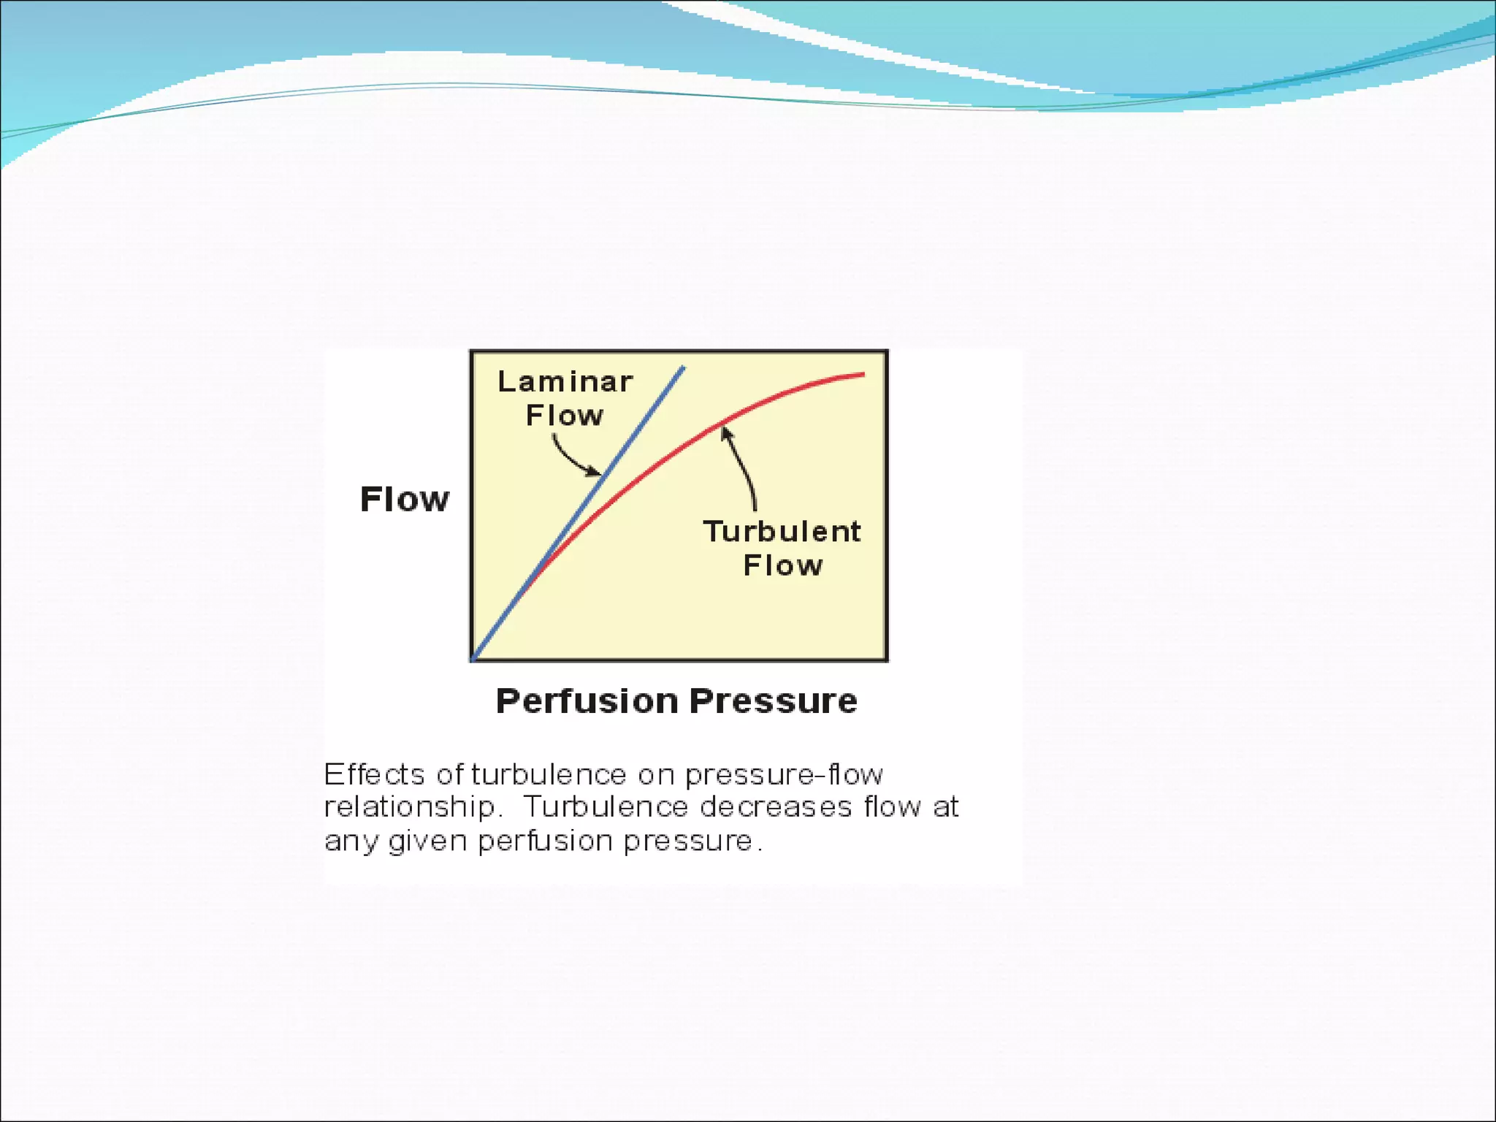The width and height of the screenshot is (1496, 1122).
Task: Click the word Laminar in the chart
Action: [565, 381]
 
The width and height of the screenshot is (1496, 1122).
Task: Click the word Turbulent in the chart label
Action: [782, 531]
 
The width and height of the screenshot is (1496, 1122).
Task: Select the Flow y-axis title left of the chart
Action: [405, 499]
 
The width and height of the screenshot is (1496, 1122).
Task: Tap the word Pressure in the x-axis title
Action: [774, 701]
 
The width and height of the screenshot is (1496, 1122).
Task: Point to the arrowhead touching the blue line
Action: [595, 473]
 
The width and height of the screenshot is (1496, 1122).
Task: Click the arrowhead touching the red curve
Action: [725, 433]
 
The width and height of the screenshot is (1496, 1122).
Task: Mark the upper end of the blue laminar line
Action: [683, 367]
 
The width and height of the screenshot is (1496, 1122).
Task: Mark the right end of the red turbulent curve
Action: [863, 375]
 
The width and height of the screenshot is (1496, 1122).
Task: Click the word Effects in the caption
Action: [374, 774]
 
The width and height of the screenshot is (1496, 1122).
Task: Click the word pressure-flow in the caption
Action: [784, 774]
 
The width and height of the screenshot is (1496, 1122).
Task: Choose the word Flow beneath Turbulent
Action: [783, 565]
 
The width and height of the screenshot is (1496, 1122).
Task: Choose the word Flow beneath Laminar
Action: [565, 416]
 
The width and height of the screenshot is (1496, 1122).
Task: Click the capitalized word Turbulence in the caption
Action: [606, 807]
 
